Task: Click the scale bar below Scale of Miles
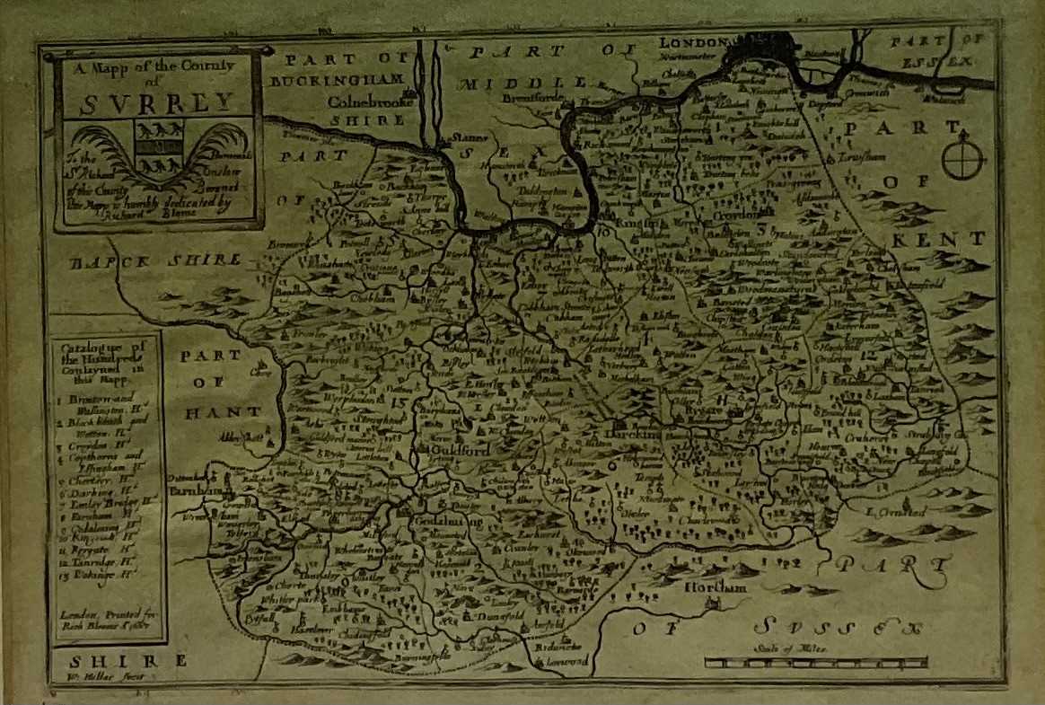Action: click(815, 663)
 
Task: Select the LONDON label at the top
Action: click(691, 42)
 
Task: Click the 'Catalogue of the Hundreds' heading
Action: click(104, 359)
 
